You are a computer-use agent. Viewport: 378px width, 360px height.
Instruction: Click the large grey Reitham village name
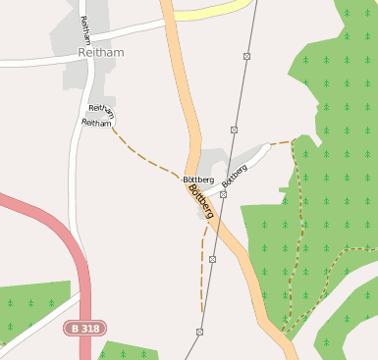pyautogui.click(x=101, y=53)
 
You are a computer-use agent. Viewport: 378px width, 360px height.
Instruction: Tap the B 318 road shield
pyautogui.click(x=84, y=328)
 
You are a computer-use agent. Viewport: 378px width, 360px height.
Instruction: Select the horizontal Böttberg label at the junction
pyautogui.click(x=197, y=180)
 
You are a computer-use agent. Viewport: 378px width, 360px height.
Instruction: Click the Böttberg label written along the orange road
pyautogui.click(x=201, y=202)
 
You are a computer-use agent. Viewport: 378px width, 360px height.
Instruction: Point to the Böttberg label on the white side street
pyautogui.click(x=234, y=175)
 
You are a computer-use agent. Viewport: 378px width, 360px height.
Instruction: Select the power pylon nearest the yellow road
pyautogui.click(x=246, y=56)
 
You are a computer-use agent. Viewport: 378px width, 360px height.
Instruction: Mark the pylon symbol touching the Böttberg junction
pyautogui.click(x=223, y=194)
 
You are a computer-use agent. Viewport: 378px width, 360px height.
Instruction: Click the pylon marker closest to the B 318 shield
pyautogui.click(x=199, y=332)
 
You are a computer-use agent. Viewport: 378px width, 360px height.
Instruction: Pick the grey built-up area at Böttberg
pyautogui.click(x=214, y=160)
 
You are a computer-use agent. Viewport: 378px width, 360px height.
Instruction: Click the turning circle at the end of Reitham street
pyautogui.click(x=115, y=118)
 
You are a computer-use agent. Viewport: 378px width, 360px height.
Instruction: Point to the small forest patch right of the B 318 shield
pyautogui.click(x=128, y=350)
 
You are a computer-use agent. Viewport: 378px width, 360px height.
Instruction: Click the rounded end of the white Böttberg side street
pyautogui.click(x=265, y=149)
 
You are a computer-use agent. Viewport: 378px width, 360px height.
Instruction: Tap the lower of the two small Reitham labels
pyautogui.click(x=96, y=123)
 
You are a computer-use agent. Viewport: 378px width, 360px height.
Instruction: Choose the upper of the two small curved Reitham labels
pyautogui.click(x=102, y=109)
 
